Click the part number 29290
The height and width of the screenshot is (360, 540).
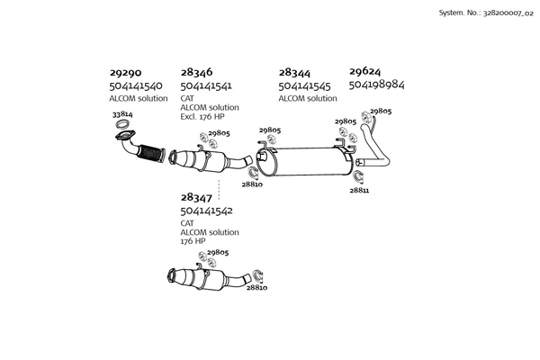(x=127, y=71)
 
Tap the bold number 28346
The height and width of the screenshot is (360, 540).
(x=197, y=71)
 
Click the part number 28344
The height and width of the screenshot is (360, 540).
(x=295, y=71)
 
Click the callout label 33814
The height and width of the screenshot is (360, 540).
(x=122, y=115)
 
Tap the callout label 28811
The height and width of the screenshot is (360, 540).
(x=359, y=190)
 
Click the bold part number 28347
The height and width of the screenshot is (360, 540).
(x=197, y=197)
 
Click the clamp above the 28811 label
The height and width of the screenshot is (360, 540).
(x=357, y=175)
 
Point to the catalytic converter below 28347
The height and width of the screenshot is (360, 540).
(x=210, y=278)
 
